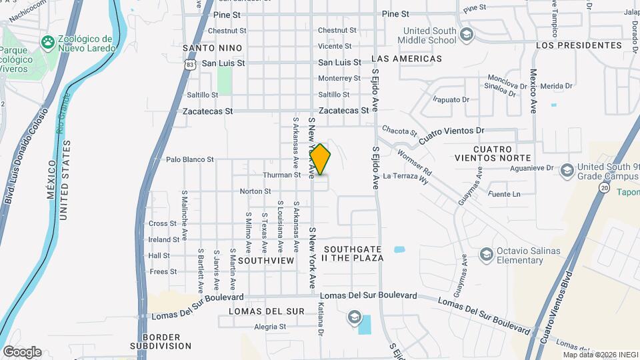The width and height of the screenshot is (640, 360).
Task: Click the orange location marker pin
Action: [x=320, y=160]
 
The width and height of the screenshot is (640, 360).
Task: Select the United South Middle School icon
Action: [x=467, y=34]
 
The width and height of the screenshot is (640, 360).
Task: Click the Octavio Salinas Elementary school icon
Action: [x=486, y=254]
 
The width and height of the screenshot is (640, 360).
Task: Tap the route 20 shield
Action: [x=603, y=189]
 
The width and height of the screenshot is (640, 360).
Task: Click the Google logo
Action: [x=22, y=351]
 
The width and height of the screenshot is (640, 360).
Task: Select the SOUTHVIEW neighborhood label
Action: [x=266, y=260]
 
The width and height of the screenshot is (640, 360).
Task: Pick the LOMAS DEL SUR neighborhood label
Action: [x=266, y=311]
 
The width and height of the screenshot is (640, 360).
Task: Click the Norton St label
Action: [x=255, y=191]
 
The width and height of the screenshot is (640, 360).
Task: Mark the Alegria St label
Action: [x=270, y=327]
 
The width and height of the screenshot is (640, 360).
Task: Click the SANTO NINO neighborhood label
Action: [x=208, y=48]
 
